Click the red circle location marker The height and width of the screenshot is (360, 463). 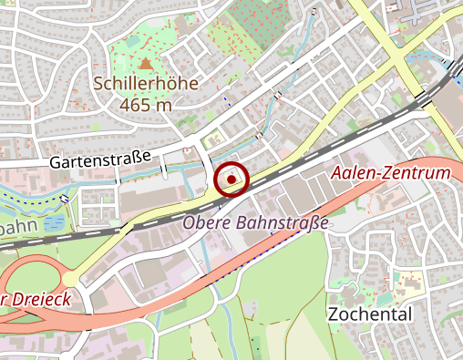coord(231,180)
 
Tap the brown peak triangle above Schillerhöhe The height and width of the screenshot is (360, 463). coord(146,64)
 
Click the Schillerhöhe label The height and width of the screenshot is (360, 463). coord(146,84)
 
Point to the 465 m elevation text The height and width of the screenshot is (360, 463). coord(146,104)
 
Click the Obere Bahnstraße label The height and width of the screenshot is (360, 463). coord(255,221)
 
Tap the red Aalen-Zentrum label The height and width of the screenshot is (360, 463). coord(391,173)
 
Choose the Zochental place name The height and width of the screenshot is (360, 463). coord(369,314)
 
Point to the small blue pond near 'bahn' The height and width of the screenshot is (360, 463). coord(54,221)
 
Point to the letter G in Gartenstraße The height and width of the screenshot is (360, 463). coord(56,160)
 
